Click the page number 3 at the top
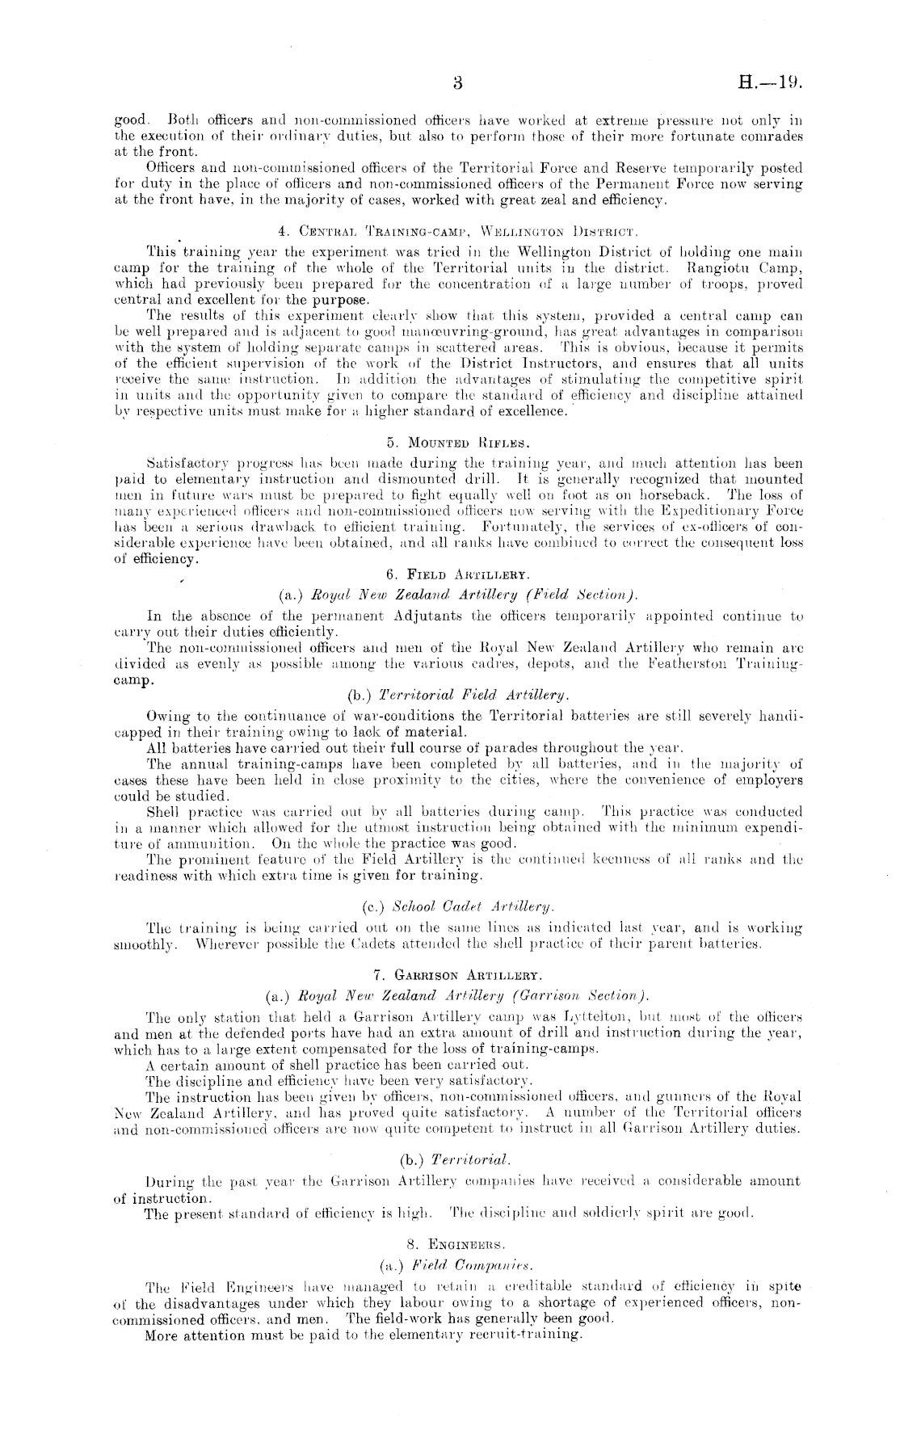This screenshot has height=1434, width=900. tap(457, 82)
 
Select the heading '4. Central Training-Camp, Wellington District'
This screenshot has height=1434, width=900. tap(458, 219)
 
